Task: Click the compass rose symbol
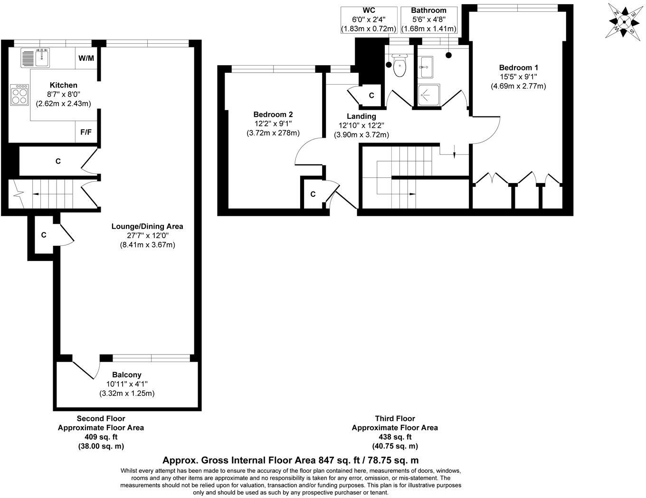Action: point(624,20)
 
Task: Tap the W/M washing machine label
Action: point(86,58)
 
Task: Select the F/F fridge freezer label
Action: point(86,132)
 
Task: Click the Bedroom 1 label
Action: point(518,67)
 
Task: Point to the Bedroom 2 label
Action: point(273,115)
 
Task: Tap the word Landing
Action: point(361,116)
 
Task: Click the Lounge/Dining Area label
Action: point(147,226)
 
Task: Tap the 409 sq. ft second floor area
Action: point(101,437)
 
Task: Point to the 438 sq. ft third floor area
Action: point(395,437)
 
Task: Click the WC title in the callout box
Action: point(368,10)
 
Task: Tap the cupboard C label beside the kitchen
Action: point(58,162)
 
